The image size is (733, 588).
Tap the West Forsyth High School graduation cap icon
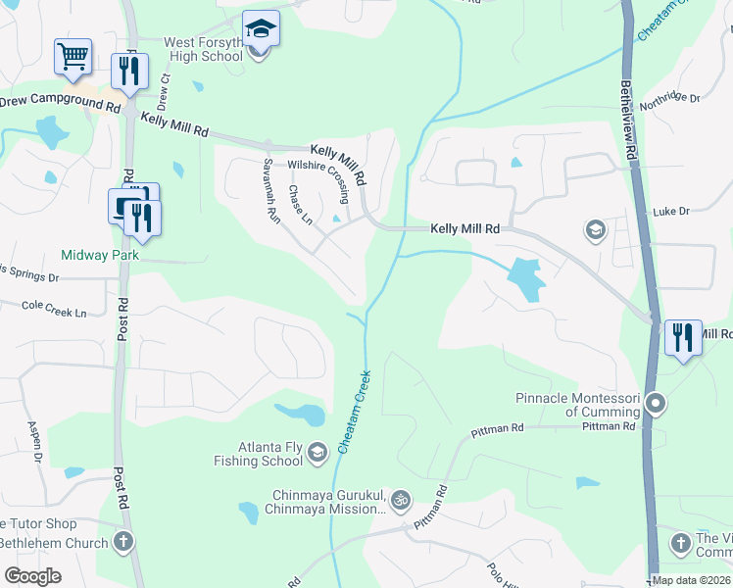tap(261, 28)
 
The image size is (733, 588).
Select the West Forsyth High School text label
tap(189, 49)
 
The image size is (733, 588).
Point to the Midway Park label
tap(100, 255)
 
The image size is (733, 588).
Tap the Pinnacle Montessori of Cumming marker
tap(657, 404)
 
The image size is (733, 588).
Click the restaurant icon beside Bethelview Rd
tap(683, 336)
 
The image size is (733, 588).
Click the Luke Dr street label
tap(671, 211)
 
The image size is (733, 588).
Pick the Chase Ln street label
tap(300, 204)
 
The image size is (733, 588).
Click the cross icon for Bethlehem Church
tap(123, 541)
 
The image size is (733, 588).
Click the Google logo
tap(32, 576)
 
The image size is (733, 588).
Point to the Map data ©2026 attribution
tap(690, 580)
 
